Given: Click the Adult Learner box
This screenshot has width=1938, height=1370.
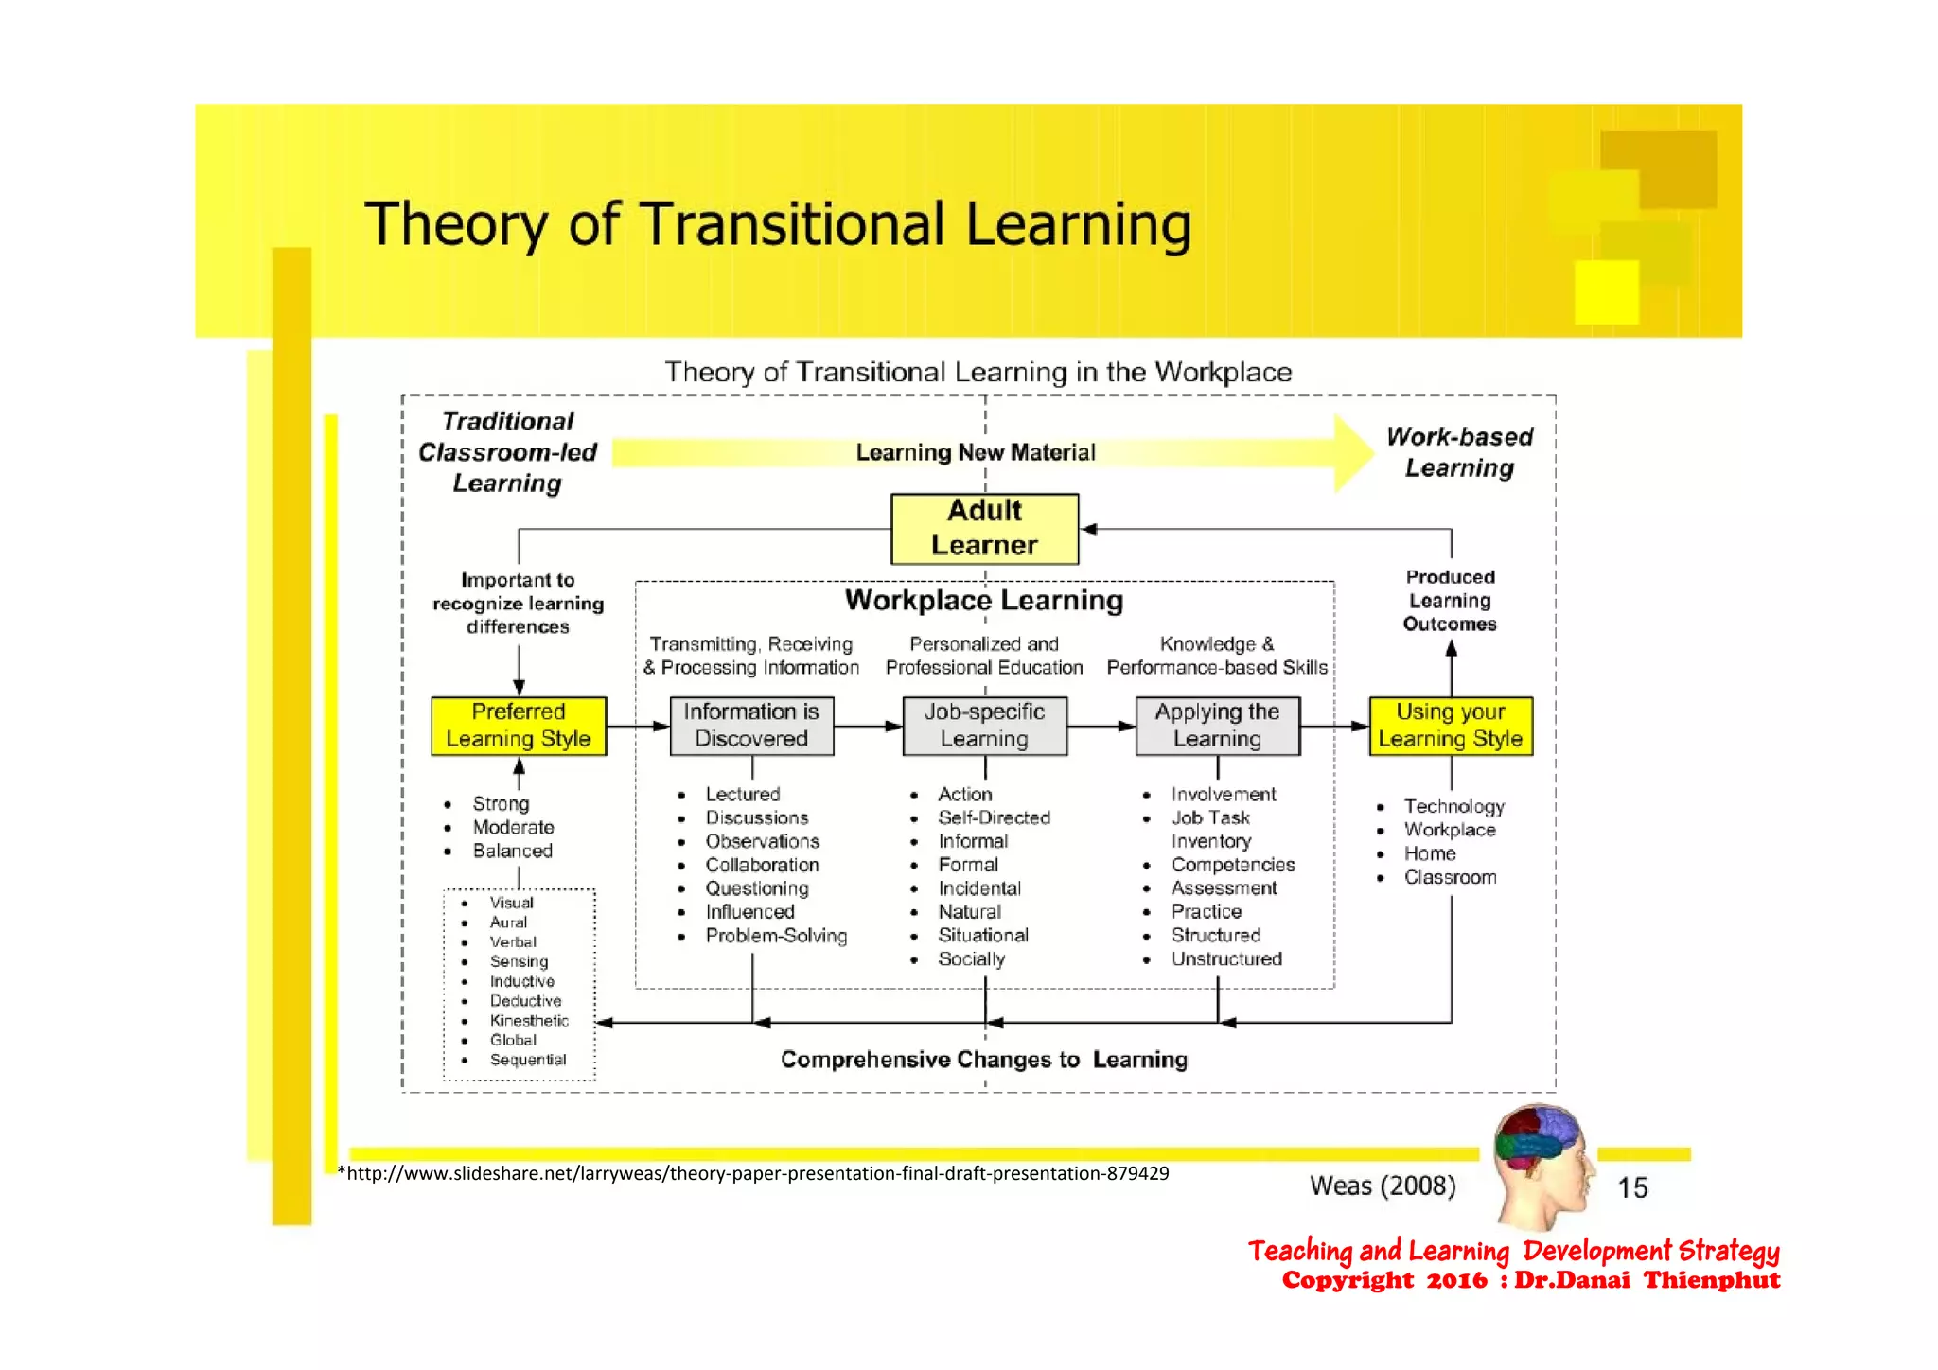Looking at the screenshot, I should coord(984,528).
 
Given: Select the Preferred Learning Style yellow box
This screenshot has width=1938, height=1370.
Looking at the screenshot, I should coord(519,726).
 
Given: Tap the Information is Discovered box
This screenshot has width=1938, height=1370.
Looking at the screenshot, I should coord(751,726).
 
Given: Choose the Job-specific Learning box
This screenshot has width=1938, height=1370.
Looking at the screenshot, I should coord(984,726).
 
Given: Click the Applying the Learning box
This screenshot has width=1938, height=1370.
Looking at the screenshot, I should coord(1217,726).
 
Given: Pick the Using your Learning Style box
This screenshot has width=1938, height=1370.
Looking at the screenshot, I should coord(1450,726).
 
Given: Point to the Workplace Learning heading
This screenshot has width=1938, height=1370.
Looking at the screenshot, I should coord(984,601).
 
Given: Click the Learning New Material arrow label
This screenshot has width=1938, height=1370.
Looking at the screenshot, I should coord(976,452).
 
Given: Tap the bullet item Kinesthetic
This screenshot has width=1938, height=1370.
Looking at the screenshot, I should coord(528,1020).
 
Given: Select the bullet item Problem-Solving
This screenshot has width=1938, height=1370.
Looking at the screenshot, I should coord(776,936).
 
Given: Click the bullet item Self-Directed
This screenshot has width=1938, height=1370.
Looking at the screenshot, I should coord(994,817).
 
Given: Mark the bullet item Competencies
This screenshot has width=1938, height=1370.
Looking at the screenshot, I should coord(1233,865).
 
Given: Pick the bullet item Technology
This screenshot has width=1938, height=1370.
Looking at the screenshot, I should coord(1453,806).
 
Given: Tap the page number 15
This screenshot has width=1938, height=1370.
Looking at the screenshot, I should coord(1632,1187).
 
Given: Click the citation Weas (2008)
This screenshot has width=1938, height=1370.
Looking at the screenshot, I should coord(1383,1186).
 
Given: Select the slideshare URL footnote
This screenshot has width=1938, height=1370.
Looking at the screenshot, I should coord(753,1174).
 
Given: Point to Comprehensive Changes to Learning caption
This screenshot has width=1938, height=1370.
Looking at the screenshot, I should coord(984,1060).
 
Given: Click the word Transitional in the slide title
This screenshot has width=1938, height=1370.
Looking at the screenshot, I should coord(793,225).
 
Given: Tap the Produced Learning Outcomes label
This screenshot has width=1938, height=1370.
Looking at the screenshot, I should coord(1450,601).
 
